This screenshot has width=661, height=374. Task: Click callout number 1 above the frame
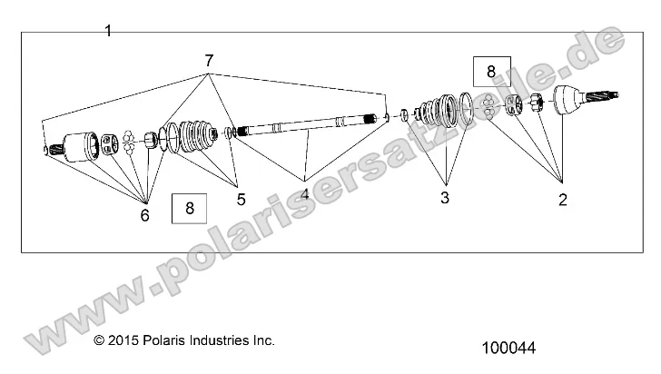click(x=108, y=31)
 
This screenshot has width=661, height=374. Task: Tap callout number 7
click(x=209, y=61)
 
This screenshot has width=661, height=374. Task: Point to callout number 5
click(x=241, y=199)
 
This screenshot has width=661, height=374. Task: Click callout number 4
click(x=304, y=193)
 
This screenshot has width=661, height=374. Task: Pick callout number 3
click(x=445, y=197)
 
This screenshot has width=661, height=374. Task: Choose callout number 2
click(x=562, y=200)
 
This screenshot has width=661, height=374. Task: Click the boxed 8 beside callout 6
click(x=189, y=209)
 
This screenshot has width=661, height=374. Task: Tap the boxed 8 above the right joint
click(x=491, y=71)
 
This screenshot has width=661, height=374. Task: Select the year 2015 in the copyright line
click(x=126, y=341)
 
